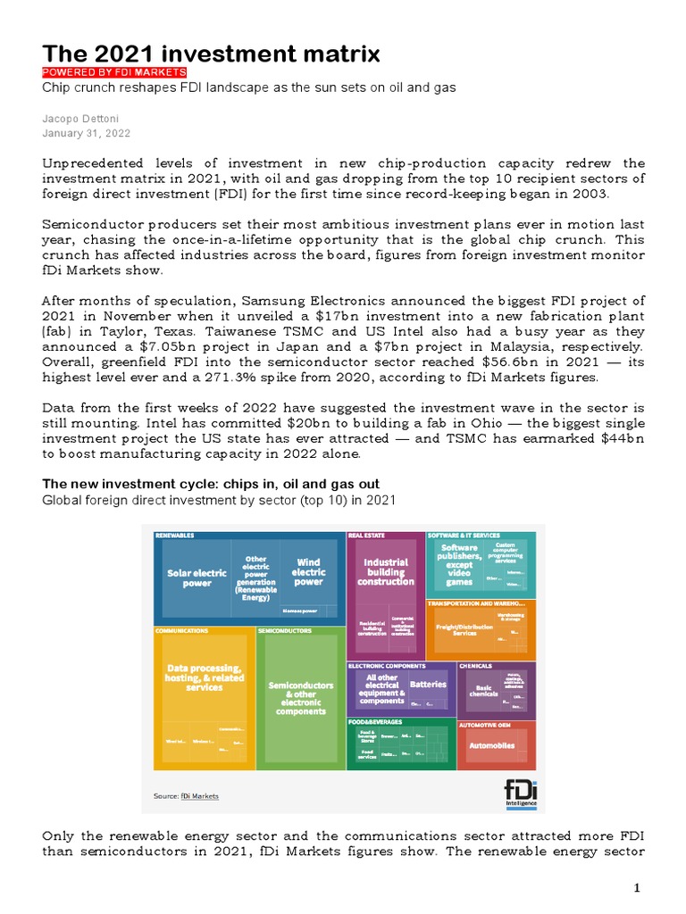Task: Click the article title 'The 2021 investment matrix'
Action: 212,54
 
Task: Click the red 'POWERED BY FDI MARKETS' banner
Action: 115,72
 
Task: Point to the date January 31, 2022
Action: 87,133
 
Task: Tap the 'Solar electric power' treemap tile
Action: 197,577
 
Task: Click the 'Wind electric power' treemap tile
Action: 308,572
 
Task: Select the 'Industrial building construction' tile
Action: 386,571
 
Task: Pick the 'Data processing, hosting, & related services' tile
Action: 205,677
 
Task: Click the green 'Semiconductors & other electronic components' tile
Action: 301,698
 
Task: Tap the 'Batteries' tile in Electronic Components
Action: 427,685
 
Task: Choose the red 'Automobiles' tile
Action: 491,745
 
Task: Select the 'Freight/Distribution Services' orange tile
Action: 464,629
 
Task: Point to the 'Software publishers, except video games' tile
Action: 459,564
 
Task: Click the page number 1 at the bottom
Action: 638,887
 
